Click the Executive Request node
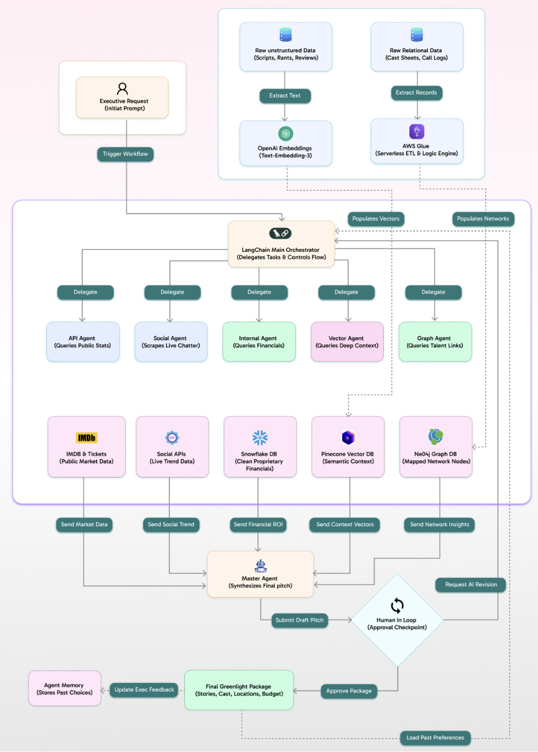click(x=122, y=98)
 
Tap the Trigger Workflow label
click(x=125, y=154)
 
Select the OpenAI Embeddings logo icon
click(x=285, y=133)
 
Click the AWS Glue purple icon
click(x=416, y=131)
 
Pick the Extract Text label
click(x=285, y=96)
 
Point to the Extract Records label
click(x=416, y=93)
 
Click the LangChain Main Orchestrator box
click(x=281, y=244)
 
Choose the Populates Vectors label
click(x=376, y=219)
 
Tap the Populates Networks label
click(x=482, y=219)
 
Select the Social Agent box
click(x=170, y=342)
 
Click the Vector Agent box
click(x=347, y=342)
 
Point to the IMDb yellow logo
click(x=86, y=438)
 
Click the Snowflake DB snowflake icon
click(x=260, y=438)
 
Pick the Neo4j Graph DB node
click(x=436, y=447)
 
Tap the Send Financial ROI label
click(x=258, y=525)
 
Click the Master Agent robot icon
click(x=260, y=566)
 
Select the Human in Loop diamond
click(x=397, y=620)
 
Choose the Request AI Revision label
click(x=471, y=584)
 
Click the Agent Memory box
click(x=64, y=689)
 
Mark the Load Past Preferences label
click(x=435, y=738)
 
